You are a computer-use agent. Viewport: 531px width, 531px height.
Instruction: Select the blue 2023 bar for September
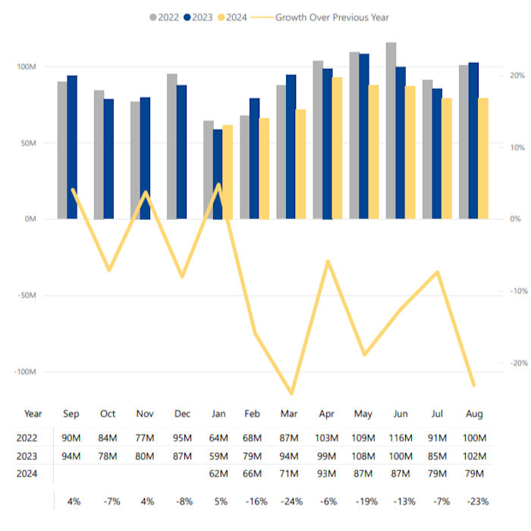pyautogui.click(x=72, y=147)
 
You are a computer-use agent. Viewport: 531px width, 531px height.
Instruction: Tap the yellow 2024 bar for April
pyautogui.click(x=337, y=148)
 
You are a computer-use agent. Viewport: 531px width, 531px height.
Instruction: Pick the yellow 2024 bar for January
pyautogui.click(x=228, y=172)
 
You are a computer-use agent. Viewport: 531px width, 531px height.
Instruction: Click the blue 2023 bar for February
pyautogui.click(x=254, y=159)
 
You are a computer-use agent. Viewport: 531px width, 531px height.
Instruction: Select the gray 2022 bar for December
pyautogui.click(x=172, y=146)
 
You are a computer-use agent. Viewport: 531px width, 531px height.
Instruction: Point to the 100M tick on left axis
pyautogui.click(x=27, y=67)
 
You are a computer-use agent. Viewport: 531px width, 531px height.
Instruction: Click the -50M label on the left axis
pyautogui.click(x=27, y=296)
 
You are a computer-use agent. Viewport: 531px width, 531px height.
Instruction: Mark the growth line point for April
pyautogui.click(x=328, y=262)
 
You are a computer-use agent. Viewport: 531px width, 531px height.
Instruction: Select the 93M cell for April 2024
pyautogui.click(x=327, y=474)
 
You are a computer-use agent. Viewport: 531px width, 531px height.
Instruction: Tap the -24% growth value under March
pyautogui.click(x=291, y=501)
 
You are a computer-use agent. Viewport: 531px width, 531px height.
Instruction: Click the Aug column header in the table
pyautogui.click(x=473, y=414)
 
